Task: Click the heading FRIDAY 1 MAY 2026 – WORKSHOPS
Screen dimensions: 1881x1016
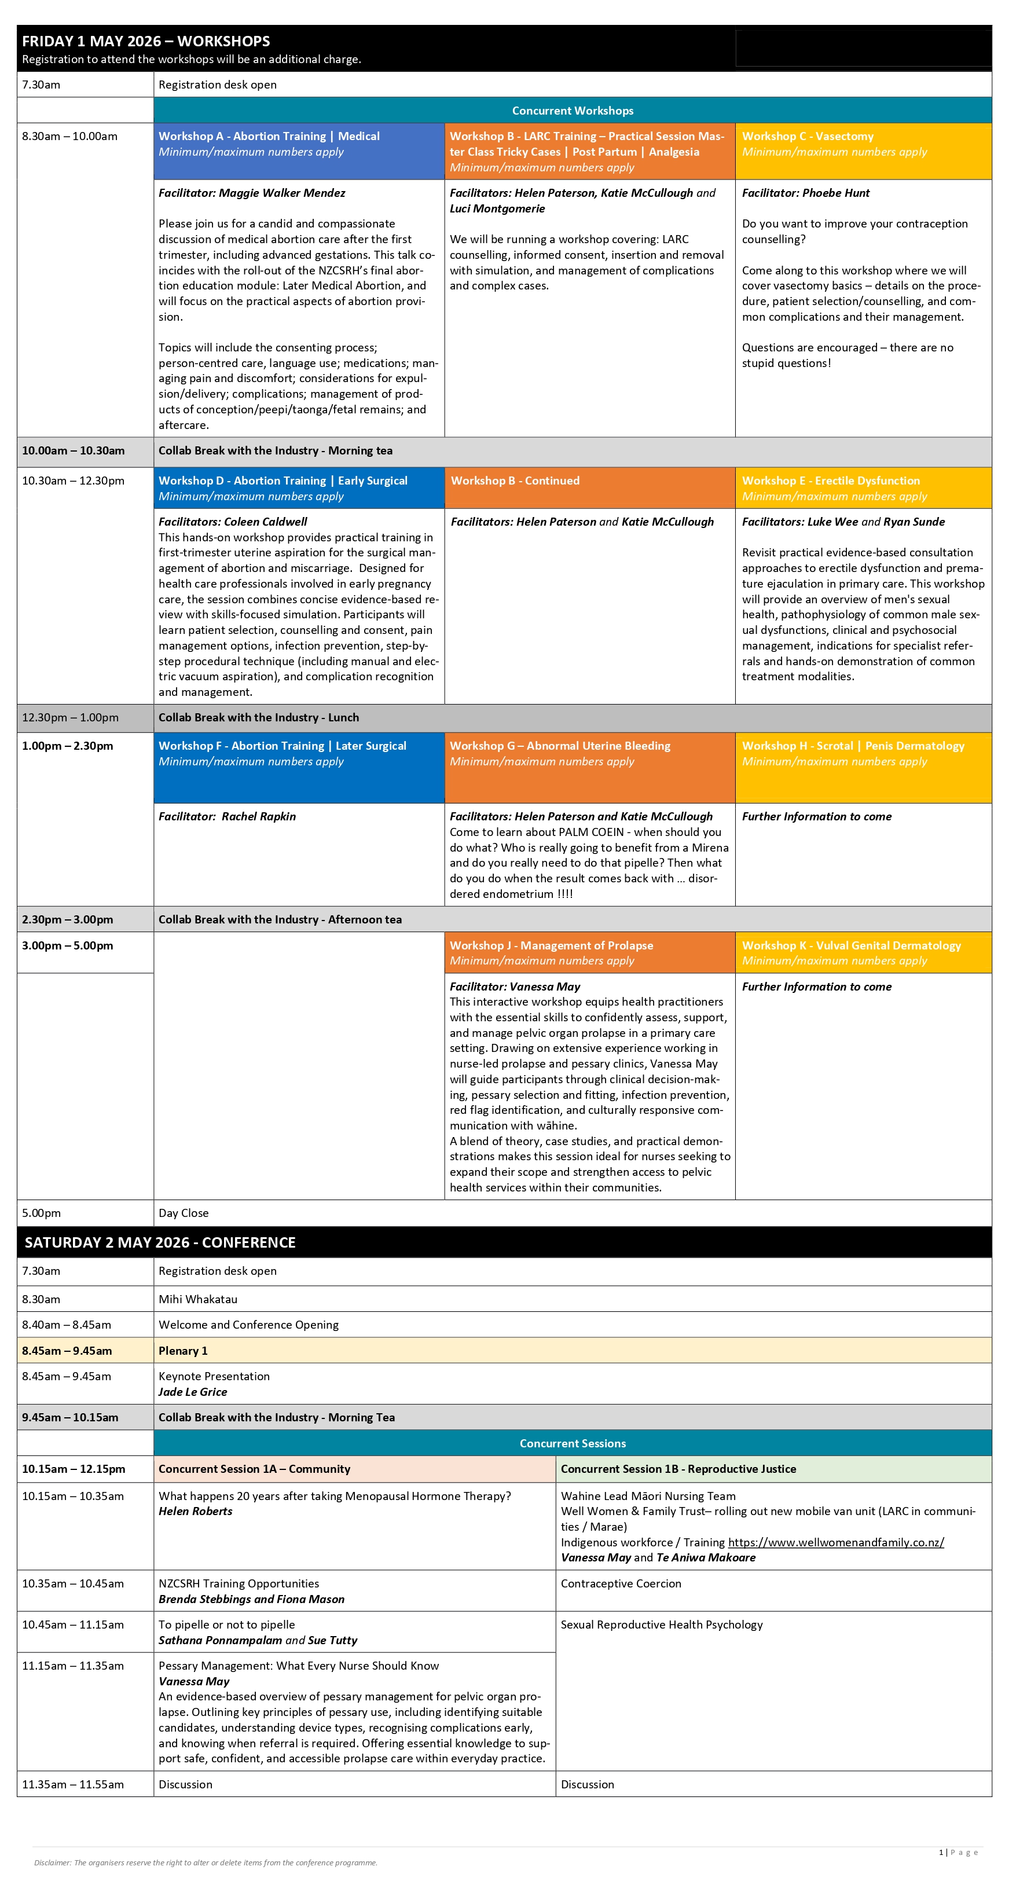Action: tap(146, 42)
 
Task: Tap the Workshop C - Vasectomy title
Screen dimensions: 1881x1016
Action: tap(807, 137)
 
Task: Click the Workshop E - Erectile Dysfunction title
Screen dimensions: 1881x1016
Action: tap(831, 481)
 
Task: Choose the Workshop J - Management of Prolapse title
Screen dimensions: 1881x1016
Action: tap(552, 945)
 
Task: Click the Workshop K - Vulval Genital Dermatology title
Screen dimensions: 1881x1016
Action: tap(851, 945)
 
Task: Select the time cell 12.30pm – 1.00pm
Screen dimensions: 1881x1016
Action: tap(70, 718)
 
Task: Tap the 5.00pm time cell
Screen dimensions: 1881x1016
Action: tap(42, 1213)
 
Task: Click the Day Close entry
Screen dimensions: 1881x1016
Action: tap(184, 1213)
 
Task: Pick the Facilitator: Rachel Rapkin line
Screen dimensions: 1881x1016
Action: tap(227, 816)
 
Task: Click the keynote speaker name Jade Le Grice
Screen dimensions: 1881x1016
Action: tap(193, 1392)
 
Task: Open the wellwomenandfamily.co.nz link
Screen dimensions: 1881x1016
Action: tap(835, 1542)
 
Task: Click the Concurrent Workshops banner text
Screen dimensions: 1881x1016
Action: tap(573, 111)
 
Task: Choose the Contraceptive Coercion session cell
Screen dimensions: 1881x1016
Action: tap(621, 1584)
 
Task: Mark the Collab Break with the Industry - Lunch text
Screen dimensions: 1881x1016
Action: tap(259, 718)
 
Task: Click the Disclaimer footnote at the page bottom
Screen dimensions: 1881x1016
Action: tap(206, 1862)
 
